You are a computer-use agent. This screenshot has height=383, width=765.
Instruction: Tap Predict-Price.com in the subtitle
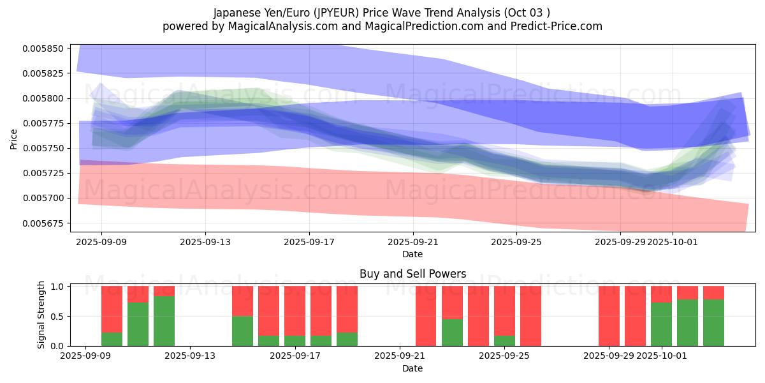pyautogui.click(x=556, y=26)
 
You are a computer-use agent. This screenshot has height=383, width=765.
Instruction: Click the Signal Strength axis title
pyautogui.click(x=41, y=315)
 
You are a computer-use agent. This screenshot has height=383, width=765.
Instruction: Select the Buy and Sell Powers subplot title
pyautogui.click(x=412, y=274)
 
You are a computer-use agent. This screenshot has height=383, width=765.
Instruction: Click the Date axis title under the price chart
pyautogui.click(x=412, y=254)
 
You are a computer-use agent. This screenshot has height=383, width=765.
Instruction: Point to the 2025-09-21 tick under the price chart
pyautogui.click(x=413, y=242)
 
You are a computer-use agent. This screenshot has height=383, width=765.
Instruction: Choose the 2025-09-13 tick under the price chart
pyautogui.click(x=205, y=242)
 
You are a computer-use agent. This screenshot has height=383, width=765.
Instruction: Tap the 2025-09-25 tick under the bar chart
pyautogui.click(x=504, y=356)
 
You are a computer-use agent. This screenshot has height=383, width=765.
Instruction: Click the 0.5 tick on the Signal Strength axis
pyautogui.click(x=55, y=316)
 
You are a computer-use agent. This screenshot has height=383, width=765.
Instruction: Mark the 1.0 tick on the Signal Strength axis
pyautogui.click(x=55, y=287)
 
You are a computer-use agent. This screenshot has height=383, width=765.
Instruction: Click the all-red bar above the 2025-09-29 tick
pyautogui.click(x=609, y=316)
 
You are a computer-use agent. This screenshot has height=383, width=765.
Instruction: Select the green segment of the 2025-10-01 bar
pyautogui.click(x=661, y=324)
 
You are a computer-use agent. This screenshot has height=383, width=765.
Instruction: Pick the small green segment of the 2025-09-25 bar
pyautogui.click(x=504, y=341)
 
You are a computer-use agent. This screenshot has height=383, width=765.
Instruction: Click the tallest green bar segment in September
pyautogui.click(x=164, y=321)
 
